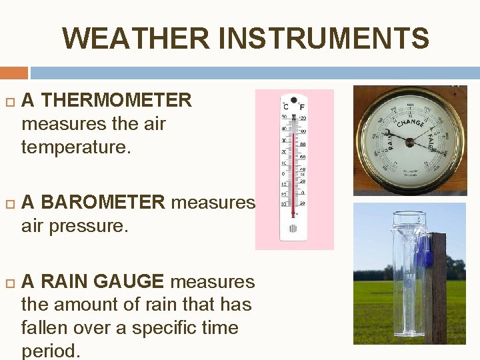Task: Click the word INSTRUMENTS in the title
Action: pos(323,38)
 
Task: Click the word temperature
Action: pos(73,147)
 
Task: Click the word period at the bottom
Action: pos(51,351)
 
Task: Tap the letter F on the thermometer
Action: pos(302,107)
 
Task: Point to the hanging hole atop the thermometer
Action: pos(293,97)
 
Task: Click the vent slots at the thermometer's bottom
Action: pos(293,229)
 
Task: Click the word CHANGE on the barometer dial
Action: pos(411,124)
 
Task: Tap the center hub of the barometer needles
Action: pos(408,140)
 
